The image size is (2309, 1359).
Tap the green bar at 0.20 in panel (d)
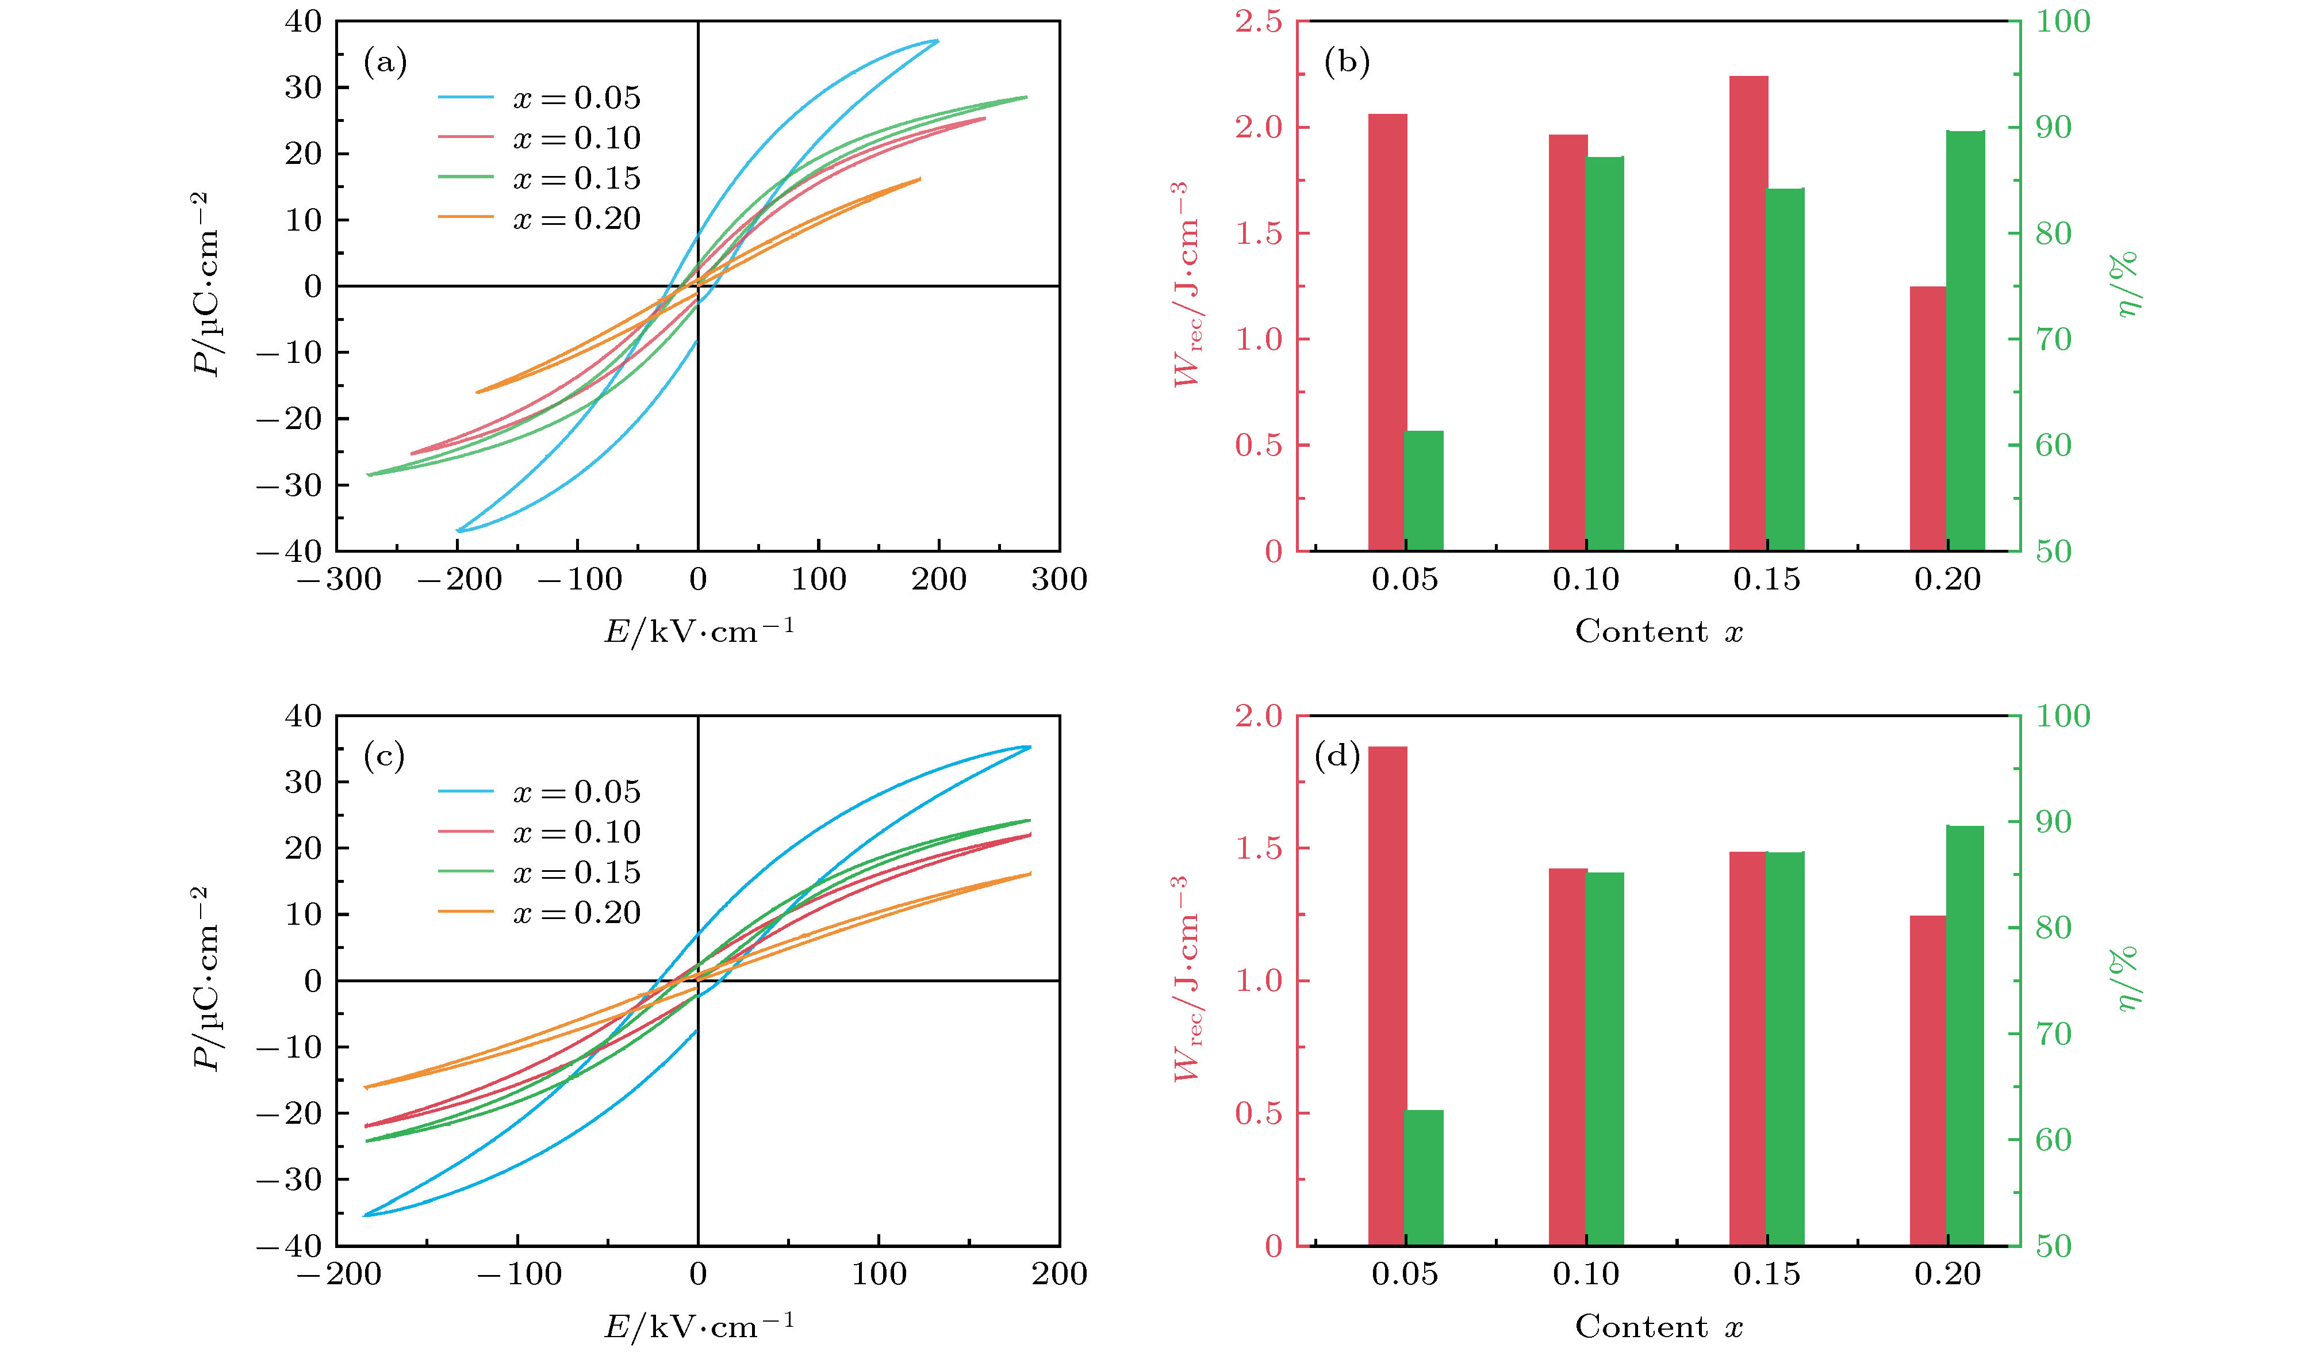tap(1965, 1036)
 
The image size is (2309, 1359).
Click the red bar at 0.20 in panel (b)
tap(1928, 419)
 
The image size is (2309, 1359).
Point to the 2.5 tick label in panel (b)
tap(1258, 22)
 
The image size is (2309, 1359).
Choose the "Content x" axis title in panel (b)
tap(1659, 631)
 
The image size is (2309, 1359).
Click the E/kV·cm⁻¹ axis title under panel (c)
tap(698, 1325)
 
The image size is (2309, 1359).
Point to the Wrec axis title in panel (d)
tap(1187, 979)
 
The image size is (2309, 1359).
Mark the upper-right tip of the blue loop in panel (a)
tap(937, 40)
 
